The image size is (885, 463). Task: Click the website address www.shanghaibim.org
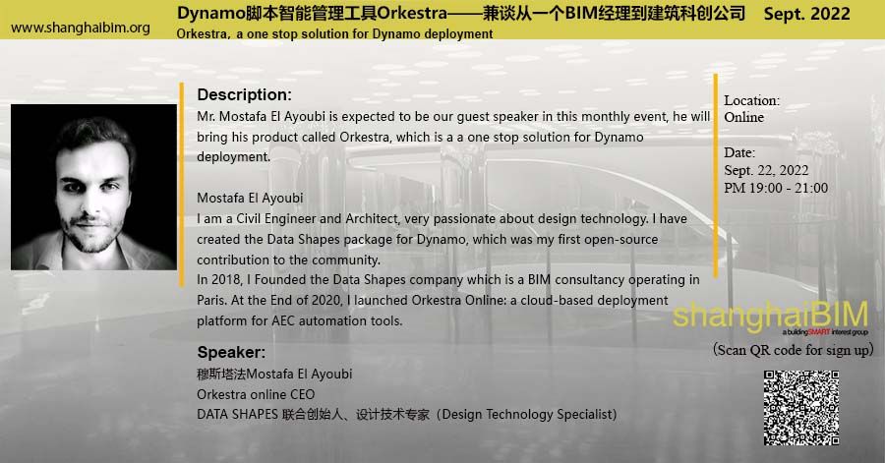pyautogui.click(x=81, y=28)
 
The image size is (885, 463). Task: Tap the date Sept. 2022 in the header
pyautogui.click(x=806, y=15)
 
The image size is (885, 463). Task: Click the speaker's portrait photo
pyautogui.click(x=93, y=187)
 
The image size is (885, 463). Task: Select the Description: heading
pyautogui.click(x=244, y=95)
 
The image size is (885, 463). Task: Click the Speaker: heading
pyautogui.click(x=231, y=352)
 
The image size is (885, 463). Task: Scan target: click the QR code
pyautogui.click(x=801, y=407)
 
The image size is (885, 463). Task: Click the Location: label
pyautogui.click(x=751, y=100)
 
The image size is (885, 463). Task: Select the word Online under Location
pyautogui.click(x=743, y=117)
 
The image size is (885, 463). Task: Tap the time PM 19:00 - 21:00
pyautogui.click(x=776, y=188)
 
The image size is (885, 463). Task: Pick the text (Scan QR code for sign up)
pyautogui.click(x=794, y=350)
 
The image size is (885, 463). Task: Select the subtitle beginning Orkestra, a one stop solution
pyautogui.click(x=334, y=34)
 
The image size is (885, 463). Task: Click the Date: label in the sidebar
pyautogui.click(x=739, y=152)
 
